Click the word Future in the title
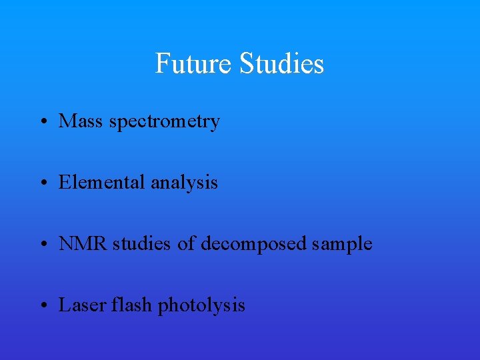(x=194, y=64)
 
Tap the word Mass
(x=79, y=121)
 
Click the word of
(x=187, y=244)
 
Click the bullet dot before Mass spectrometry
(x=43, y=123)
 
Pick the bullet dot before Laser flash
(x=43, y=307)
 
